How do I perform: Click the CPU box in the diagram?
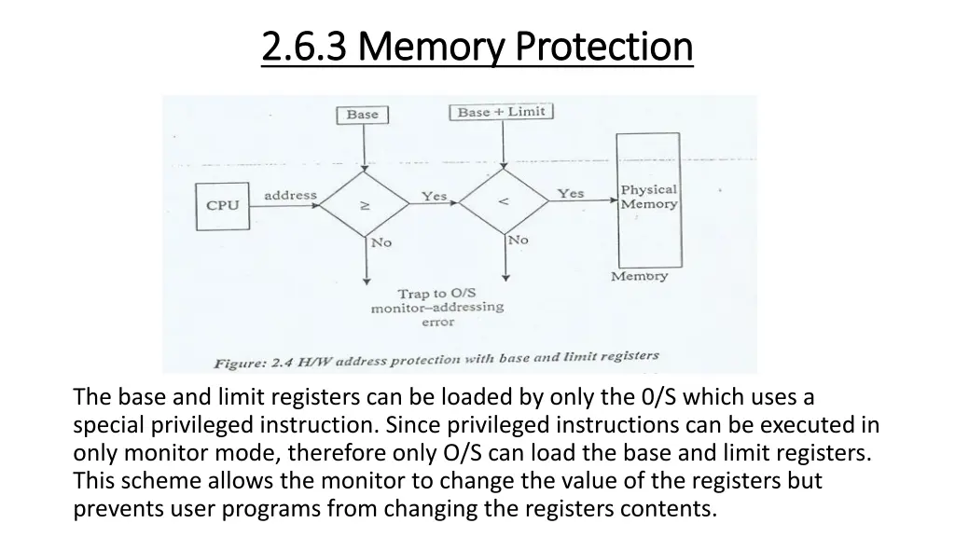(x=222, y=205)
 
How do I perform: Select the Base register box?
(x=363, y=115)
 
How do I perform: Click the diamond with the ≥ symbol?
(x=365, y=202)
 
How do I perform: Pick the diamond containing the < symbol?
(x=505, y=201)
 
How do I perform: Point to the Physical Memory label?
(x=649, y=197)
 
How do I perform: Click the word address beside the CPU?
(x=290, y=195)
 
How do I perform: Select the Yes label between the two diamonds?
(x=434, y=196)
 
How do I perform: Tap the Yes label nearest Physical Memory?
(x=571, y=193)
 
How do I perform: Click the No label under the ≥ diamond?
(x=381, y=242)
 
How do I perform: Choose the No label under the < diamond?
(x=518, y=240)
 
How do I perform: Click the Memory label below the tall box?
(x=639, y=276)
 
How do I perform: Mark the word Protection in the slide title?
(x=604, y=46)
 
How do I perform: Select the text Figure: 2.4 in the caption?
(x=254, y=363)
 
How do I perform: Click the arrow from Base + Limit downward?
(x=504, y=145)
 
